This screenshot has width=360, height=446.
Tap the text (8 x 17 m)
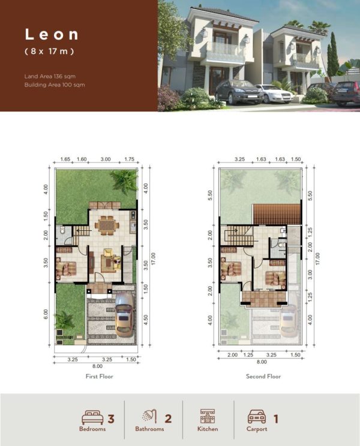pos(49,52)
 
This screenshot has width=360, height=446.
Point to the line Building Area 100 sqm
pos(55,85)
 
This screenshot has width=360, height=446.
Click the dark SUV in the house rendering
pos(237,92)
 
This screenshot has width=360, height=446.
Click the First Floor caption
pos(99,376)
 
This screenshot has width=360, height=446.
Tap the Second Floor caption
pos(262,376)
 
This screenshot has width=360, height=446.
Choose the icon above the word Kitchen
pos(207,416)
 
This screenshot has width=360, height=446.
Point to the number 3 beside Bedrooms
pos(111,418)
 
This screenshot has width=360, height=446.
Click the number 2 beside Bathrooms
pos(168,418)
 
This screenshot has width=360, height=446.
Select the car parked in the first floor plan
pos(124,319)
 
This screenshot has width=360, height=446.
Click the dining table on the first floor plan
pos(106,224)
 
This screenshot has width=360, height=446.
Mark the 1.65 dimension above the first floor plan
pos(66,160)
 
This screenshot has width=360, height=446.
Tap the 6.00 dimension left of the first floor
pos(46,314)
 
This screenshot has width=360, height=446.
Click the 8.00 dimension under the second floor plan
pos(262,361)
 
